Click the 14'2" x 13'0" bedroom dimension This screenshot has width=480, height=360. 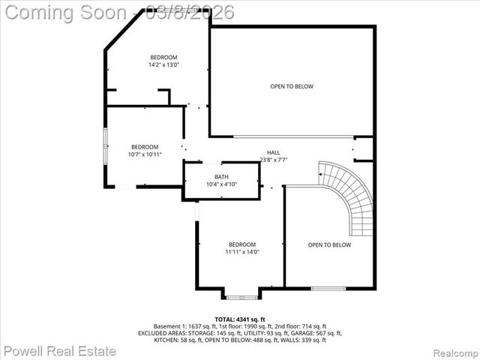click(x=163, y=65)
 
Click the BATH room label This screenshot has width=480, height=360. click(x=222, y=177)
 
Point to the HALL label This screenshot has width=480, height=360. click(x=273, y=151)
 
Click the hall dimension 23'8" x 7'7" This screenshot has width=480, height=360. click(x=273, y=159)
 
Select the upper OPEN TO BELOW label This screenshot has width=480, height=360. click(x=292, y=86)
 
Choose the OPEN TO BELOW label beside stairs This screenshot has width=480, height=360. click(x=329, y=245)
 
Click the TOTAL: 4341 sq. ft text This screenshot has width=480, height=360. click(x=240, y=319)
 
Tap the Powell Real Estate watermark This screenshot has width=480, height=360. click(x=60, y=350)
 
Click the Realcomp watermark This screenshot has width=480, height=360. click(x=452, y=352)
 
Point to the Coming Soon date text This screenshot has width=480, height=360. click(x=118, y=12)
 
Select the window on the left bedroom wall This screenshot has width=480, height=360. click(x=105, y=146)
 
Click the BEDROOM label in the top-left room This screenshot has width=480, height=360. click(x=163, y=58)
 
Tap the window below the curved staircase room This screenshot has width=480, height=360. click(x=328, y=289)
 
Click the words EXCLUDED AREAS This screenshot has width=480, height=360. click(x=160, y=333)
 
